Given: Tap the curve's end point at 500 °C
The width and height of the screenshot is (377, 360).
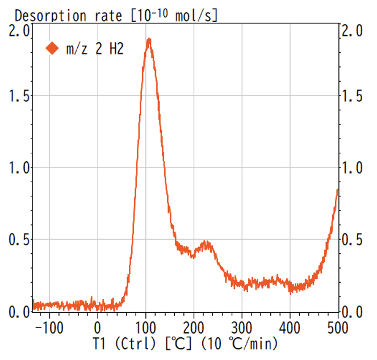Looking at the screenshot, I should point(338,190).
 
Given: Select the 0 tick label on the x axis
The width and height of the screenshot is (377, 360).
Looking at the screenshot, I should point(98,328).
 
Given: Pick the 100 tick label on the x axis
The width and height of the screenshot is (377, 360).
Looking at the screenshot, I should point(146,328).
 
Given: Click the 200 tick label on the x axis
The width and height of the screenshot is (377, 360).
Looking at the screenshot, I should point(194,328).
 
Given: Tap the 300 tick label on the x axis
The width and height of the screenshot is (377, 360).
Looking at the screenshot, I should point(242,328).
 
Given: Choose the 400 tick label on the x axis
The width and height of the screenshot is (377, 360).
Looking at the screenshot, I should point(290,328).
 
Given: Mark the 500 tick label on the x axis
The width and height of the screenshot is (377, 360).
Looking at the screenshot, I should point(337,328).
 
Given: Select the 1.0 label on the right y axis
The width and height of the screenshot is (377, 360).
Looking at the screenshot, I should point(355,168).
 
